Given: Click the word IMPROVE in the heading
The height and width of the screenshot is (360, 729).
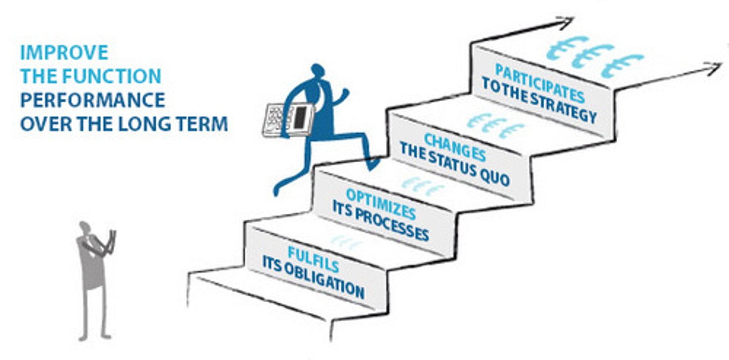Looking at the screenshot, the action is tap(64, 53).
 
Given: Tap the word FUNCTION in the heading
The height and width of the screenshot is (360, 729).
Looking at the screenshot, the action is tap(111, 76).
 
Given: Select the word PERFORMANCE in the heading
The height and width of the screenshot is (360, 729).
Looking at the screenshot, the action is tap(93, 100).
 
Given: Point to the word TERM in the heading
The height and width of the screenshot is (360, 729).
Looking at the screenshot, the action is tap(202, 124).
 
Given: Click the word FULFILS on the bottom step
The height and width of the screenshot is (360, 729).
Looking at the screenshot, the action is tap(313, 259).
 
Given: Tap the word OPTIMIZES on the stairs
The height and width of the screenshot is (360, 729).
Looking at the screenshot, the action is tap(381, 204).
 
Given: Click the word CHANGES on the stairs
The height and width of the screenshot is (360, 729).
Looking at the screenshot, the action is tap(455, 147).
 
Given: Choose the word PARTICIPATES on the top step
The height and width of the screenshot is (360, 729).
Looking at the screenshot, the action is tap(540, 83).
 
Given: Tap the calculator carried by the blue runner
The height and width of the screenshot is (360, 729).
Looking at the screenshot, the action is tap(288, 120).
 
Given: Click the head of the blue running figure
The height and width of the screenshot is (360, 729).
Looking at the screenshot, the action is tap(317, 70).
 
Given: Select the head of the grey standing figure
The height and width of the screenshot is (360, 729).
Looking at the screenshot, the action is tap(85, 227).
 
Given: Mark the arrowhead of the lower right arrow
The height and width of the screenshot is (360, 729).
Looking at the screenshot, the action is tap(714, 68).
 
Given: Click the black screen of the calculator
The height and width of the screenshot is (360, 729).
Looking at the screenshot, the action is tap(300, 117).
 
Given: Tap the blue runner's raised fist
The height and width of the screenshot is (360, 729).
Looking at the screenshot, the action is tap(344, 93).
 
